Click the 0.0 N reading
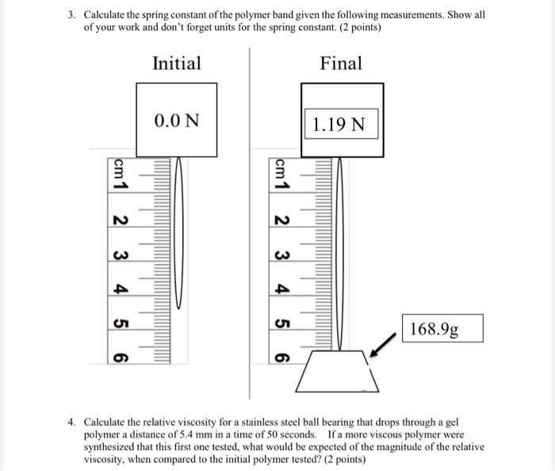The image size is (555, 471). coord(177,121)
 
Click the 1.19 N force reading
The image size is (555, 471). coord(339,124)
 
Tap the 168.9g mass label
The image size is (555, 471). coord(434,329)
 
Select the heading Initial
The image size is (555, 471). coord(177,63)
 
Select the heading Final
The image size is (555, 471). coord(341,63)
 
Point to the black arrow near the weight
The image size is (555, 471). coord(383,345)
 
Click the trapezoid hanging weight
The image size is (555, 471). coord(337,372)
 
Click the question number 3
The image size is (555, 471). coord(72,15)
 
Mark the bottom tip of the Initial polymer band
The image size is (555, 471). coord(179,309)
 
